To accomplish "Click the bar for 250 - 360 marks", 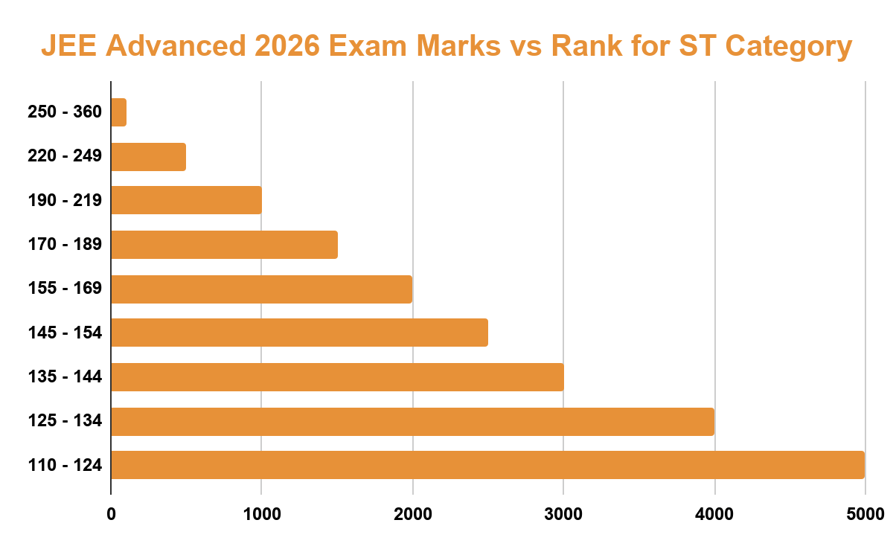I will coord(118,113).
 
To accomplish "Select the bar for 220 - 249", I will coord(148,157).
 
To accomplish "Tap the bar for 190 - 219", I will coord(186,200).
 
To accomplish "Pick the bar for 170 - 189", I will coord(224,245).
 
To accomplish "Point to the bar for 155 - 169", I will coord(261,289).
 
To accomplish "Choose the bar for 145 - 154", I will coord(299,333).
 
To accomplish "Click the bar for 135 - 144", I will coord(337,376).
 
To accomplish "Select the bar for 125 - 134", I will coord(412,421).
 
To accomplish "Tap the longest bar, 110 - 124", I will coord(487,465).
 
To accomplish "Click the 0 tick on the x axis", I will coord(111,513).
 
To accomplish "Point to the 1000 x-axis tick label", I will coord(261,513).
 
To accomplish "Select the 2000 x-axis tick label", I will coord(412,513).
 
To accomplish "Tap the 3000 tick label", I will coord(563,513).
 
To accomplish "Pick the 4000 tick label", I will coord(714,513).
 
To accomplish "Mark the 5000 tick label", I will coord(865,513).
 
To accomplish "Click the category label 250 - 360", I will coord(65,113).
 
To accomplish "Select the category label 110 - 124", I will coord(65,466).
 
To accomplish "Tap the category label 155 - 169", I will coord(65,289).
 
